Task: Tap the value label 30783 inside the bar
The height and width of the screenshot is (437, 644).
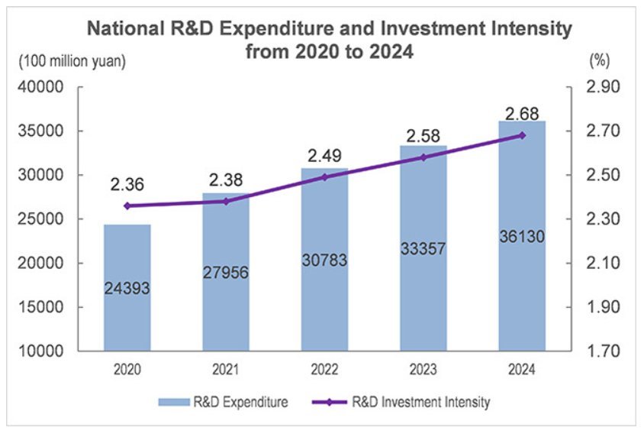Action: (324, 260)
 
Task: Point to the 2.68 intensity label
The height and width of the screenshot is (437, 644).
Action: (522, 114)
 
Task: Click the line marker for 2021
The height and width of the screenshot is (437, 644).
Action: (226, 201)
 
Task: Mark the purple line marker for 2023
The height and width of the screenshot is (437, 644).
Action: (423, 157)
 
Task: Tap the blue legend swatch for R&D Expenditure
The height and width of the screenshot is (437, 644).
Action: (174, 401)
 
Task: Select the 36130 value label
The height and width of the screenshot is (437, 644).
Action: (522, 237)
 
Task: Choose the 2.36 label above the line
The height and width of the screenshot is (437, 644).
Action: (127, 184)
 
